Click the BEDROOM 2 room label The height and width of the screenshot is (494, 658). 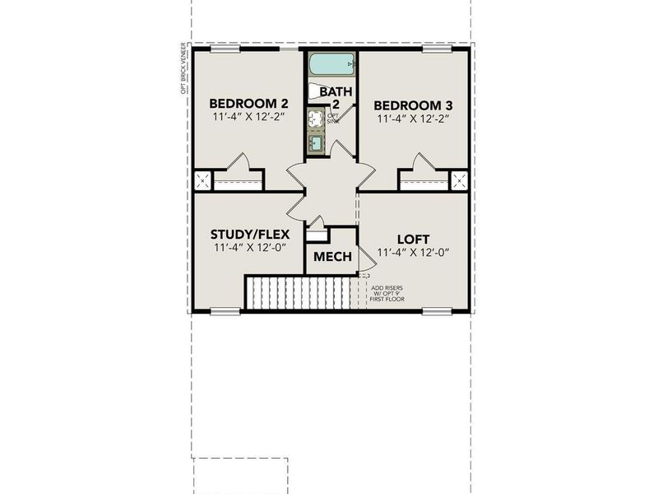click(x=237, y=104)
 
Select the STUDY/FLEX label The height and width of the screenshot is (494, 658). click(x=238, y=234)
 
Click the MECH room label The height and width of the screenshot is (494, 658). click(x=332, y=258)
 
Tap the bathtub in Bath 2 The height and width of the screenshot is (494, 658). click(x=331, y=63)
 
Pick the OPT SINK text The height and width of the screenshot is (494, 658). click(x=332, y=118)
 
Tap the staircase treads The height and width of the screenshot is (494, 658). click(x=298, y=293)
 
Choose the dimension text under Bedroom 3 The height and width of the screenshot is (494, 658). click(x=413, y=120)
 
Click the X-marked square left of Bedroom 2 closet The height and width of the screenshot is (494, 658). click(x=202, y=181)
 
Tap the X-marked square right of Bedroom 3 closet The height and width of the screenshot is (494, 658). click(x=459, y=180)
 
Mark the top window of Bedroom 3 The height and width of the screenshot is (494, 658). click(x=438, y=49)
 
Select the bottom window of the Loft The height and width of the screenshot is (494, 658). click(x=437, y=311)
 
